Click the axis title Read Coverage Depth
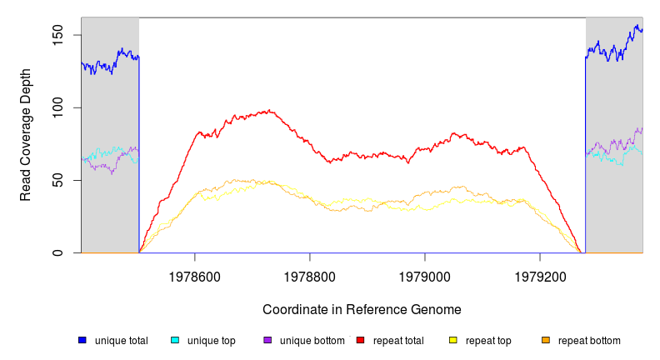point(26,135)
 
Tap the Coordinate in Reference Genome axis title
point(362,309)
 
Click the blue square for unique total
point(82,341)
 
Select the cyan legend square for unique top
point(175,341)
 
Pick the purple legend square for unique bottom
point(267,341)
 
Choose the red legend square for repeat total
point(360,341)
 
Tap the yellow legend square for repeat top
point(453,341)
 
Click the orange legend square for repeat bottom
point(546,341)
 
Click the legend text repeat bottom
point(589,341)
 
